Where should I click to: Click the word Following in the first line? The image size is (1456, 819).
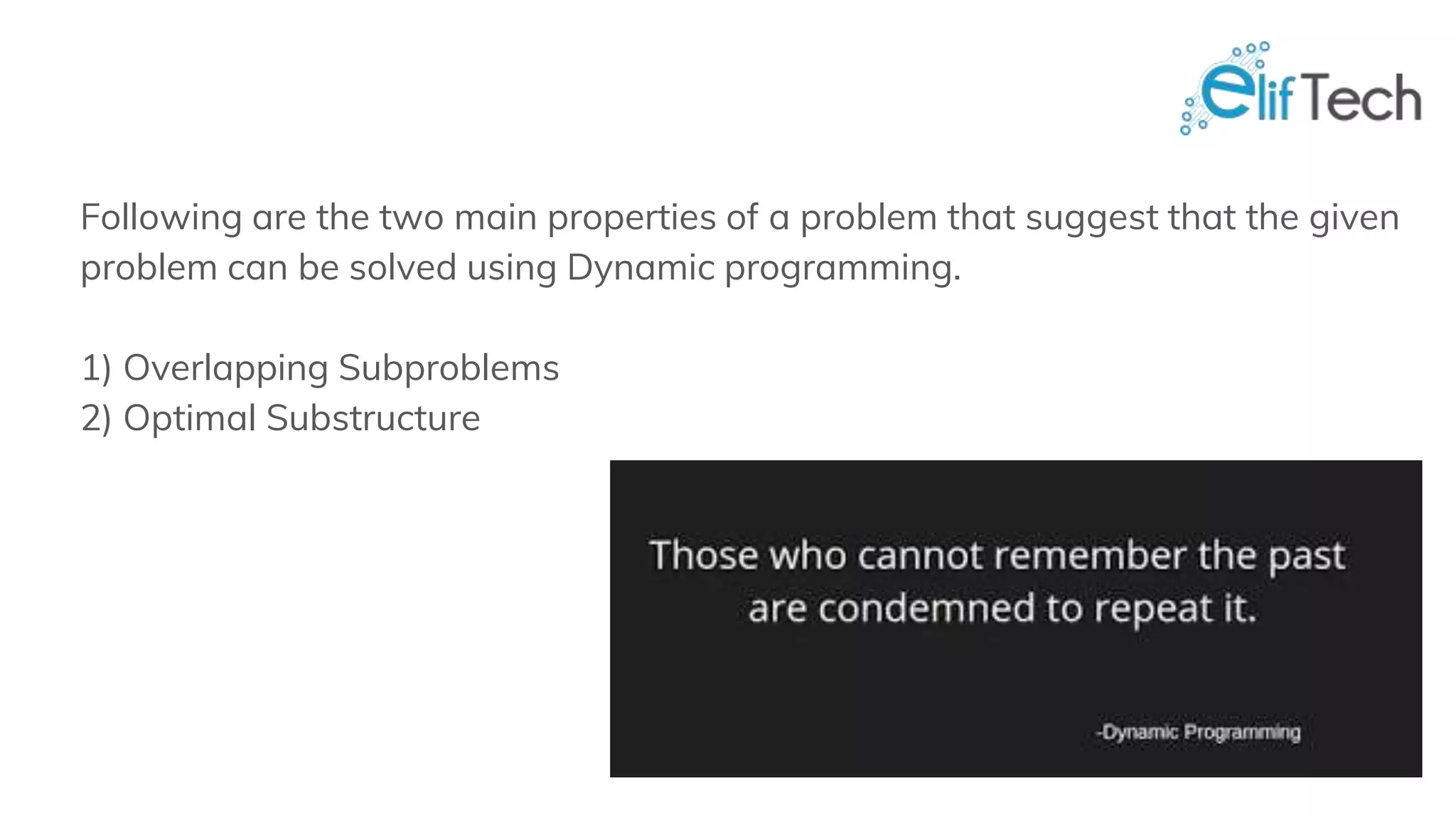click(x=161, y=218)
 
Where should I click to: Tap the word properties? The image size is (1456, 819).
click(x=631, y=218)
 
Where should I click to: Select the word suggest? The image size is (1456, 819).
click(x=1091, y=218)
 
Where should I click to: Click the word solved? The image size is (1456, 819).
click(x=402, y=268)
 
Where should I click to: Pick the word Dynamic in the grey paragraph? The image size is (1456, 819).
click(x=641, y=269)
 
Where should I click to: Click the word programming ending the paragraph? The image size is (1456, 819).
click(x=842, y=269)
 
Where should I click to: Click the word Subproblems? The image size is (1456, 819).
click(x=449, y=368)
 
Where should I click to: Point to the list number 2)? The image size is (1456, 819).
click(x=97, y=419)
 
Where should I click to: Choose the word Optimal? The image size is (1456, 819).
click(x=189, y=419)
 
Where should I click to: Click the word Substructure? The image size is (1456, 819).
click(x=373, y=418)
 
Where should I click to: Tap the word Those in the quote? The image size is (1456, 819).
click(x=704, y=555)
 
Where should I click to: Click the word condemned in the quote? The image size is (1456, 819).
click(x=926, y=609)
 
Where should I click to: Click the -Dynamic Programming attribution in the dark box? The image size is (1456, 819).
click(x=1198, y=732)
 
